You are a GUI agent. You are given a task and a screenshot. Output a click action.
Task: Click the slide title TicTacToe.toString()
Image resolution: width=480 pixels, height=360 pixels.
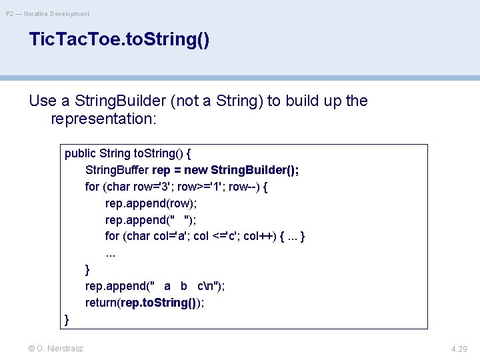click(119, 40)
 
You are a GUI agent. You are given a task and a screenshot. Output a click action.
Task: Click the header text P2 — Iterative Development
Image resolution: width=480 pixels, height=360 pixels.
click(47, 13)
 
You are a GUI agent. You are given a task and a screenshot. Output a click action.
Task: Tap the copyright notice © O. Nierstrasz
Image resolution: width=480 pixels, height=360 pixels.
click(57, 348)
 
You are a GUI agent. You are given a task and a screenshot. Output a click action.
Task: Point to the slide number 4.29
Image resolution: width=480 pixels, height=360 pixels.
click(459, 349)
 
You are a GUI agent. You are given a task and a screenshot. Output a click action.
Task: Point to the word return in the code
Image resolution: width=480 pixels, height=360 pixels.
click(101, 303)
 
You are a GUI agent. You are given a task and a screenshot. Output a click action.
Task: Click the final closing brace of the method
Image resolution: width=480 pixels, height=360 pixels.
click(67, 319)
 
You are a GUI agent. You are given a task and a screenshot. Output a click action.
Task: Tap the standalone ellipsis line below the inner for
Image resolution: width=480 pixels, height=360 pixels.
click(111, 253)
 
